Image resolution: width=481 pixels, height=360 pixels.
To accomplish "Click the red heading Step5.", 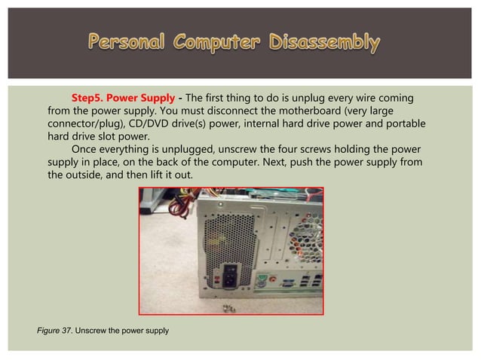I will point(90,99).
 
